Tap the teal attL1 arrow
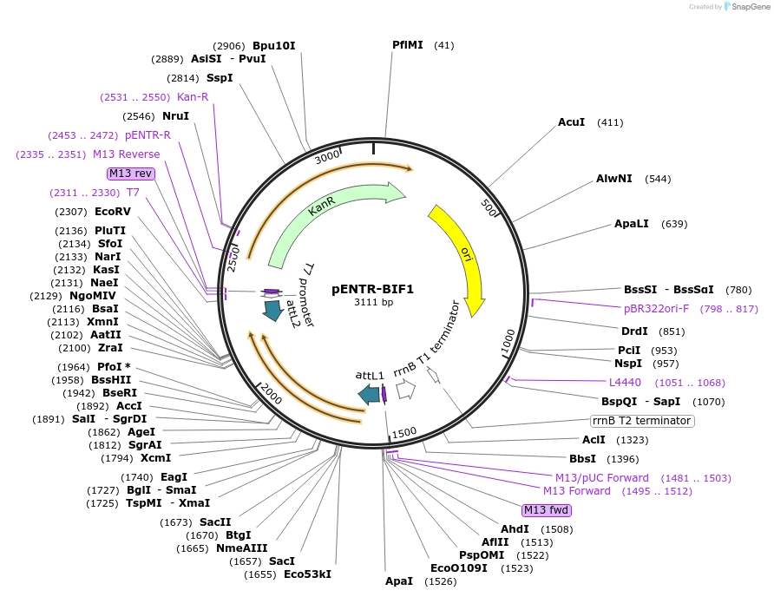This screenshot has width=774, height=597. [x=370, y=395]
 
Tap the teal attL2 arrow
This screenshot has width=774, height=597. [x=273, y=310]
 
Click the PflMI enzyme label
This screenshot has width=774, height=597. [x=407, y=44]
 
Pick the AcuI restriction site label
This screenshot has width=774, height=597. [x=571, y=122]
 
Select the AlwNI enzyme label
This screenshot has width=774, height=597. [x=613, y=179]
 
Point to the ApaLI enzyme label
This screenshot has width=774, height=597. [x=631, y=224]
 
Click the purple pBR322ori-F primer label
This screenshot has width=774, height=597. [x=656, y=308]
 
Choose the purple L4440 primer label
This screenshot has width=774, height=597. [x=625, y=382]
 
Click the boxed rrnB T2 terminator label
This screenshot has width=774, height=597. [x=642, y=421]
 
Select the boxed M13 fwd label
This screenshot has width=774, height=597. [x=546, y=509]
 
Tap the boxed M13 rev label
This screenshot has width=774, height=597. [x=131, y=174]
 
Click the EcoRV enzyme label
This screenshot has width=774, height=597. [x=113, y=211]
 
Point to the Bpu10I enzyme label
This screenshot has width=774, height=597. [x=273, y=45]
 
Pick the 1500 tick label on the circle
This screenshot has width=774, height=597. [x=404, y=433]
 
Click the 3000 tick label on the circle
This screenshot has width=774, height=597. [x=328, y=156]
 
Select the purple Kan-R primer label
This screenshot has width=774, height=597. [x=193, y=96]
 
